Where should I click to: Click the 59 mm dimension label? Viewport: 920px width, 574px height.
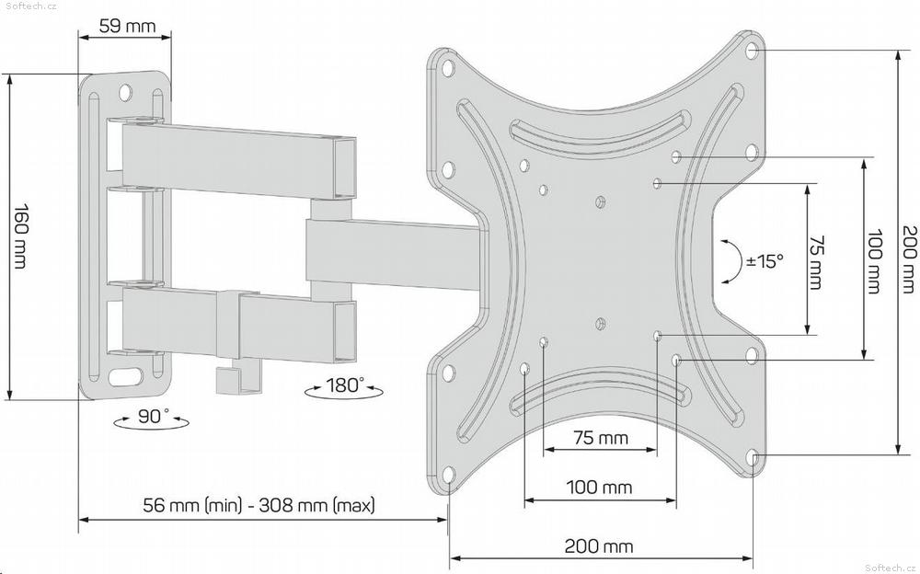[127, 26]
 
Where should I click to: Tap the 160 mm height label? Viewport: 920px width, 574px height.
[20, 235]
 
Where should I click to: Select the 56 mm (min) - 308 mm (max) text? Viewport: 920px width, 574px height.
[259, 505]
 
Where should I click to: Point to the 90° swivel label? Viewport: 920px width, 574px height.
[153, 416]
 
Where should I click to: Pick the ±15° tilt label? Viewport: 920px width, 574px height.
[765, 261]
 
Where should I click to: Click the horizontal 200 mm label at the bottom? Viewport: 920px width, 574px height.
[599, 546]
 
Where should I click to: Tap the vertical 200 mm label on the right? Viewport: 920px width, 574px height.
[908, 258]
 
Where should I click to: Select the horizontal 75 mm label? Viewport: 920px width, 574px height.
[600, 437]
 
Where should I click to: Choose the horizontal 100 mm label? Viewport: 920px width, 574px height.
[600, 487]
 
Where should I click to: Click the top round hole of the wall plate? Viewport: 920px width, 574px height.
[125, 92]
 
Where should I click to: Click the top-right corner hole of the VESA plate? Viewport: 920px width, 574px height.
[753, 50]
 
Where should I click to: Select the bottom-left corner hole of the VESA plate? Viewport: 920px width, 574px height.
[448, 475]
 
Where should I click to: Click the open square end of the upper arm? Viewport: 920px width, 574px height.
[344, 167]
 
